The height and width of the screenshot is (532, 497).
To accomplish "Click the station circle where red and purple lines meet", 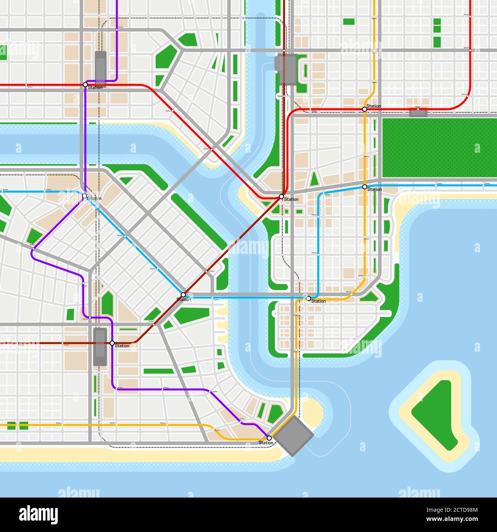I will click(x=85, y=84).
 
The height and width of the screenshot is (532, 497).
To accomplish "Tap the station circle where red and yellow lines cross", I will click(x=364, y=109).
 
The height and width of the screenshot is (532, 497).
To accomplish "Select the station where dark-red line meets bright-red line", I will click(x=281, y=196).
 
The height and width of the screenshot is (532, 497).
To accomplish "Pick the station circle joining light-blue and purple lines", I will click(x=84, y=196).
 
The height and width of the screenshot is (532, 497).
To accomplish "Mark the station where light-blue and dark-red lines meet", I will click(x=183, y=295).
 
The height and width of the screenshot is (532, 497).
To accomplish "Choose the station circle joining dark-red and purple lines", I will click(x=112, y=343).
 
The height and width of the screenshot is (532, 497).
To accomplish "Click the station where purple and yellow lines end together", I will click(x=269, y=438).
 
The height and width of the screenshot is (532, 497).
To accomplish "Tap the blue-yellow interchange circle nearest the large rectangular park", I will click(x=364, y=186).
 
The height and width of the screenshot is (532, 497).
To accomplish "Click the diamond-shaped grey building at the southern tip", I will click(x=294, y=436).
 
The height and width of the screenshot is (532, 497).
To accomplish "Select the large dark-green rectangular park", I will click(x=439, y=148).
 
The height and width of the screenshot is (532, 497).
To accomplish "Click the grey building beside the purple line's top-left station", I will click(x=101, y=66).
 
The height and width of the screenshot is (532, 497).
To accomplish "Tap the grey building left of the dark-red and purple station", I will click(x=100, y=346).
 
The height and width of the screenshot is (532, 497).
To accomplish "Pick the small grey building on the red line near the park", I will click(x=418, y=112).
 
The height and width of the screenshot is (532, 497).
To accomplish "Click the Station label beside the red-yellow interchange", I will click(x=374, y=106).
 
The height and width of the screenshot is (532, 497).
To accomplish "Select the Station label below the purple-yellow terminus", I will click(x=266, y=443).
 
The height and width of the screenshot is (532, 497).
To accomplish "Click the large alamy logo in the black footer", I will click(x=38, y=514).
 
